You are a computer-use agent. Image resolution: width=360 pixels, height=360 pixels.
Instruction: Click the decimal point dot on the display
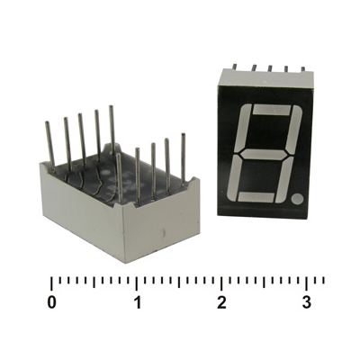coord(297,198)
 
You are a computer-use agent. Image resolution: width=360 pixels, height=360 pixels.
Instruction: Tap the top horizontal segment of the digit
coord(273,110)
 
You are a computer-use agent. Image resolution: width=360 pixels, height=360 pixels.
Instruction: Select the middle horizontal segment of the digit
coord(264,155)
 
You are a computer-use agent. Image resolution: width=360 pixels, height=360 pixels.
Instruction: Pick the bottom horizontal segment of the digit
coord(256,197)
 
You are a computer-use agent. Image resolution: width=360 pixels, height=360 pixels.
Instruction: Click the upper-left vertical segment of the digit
coord(243,128)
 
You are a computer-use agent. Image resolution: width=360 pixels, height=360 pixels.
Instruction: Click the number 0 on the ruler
coord(52,303)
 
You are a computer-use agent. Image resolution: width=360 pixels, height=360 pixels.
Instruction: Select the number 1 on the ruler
coord(137,303)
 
